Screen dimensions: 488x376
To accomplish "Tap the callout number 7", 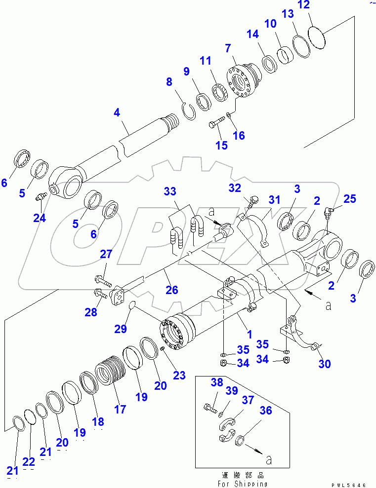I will click(x=228, y=48).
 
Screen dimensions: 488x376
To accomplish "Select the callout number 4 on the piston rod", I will click(x=117, y=112).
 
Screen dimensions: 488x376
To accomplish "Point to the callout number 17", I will click(x=120, y=409).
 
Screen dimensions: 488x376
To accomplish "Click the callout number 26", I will click(x=171, y=290).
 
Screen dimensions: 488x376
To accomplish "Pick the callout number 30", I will click(x=324, y=364).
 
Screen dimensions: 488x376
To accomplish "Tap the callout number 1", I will click(x=250, y=334).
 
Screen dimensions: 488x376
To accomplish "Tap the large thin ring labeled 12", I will click(x=317, y=38).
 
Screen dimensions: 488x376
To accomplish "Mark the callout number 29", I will click(x=121, y=329).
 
